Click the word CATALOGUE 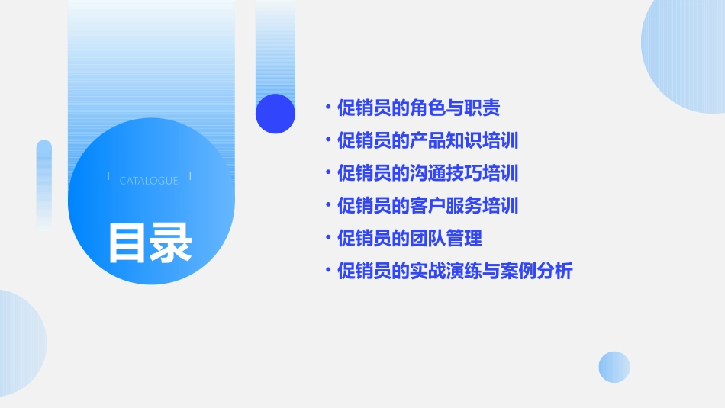pos(149,181)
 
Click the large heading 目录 pos(150,243)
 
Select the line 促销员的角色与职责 pos(418,108)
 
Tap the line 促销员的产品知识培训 pos(427,141)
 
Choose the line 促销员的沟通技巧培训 pos(427,173)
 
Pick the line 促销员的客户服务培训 pos(427,206)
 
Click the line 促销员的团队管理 pos(410,238)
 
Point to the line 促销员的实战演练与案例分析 pos(454,271)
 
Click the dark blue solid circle pos(275,114)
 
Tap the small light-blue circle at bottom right pos(614,367)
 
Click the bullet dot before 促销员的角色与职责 pos(327,108)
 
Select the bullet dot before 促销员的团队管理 pos(327,238)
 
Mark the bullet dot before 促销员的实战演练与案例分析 pos(327,271)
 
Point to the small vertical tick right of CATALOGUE pos(190,176)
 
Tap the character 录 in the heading pos(170,243)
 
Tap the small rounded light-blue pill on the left pos(44,183)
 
